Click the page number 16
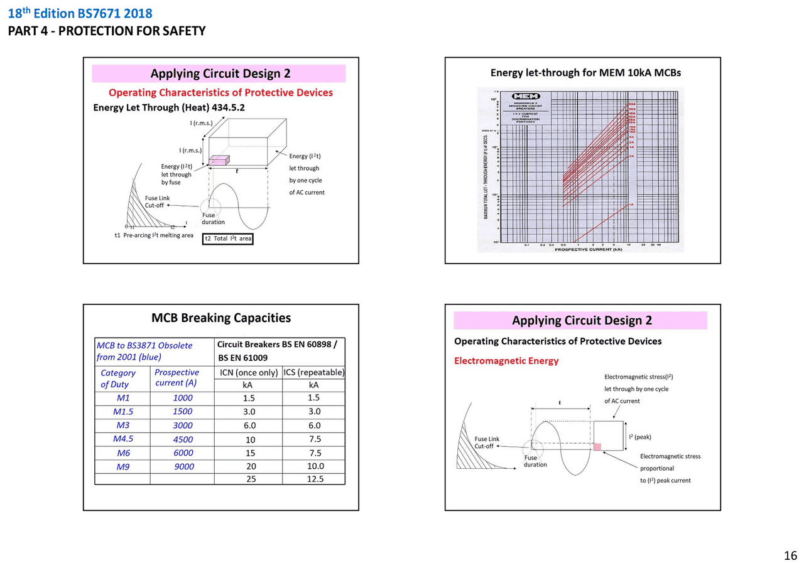tap(790, 555)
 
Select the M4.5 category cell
tap(123, 439)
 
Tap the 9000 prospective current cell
tap(184, 466)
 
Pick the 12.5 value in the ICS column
tap(314, 479)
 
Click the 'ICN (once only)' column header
tap(249, 372)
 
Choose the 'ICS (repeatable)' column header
tap(314, 372)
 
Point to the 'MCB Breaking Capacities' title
tap(221, 318)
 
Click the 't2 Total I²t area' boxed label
tap(227, 238)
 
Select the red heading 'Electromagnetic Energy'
tap(506, 360)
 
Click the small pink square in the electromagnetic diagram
tap(597, 447)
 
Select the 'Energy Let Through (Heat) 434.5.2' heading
tap(169, 108)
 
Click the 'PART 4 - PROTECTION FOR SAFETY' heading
tap(107, 31)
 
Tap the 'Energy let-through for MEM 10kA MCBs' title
tap(585, 73)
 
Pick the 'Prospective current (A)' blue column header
tap(177, 377)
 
